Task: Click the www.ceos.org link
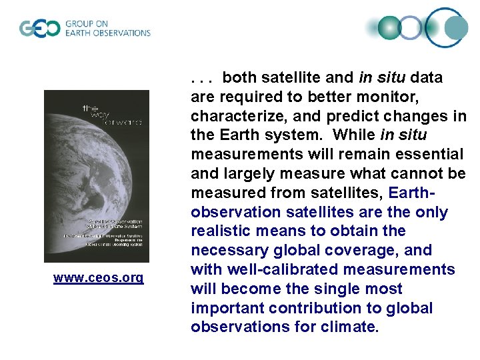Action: point(98,277)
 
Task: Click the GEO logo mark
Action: point(39,29)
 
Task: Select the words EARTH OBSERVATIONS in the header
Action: point(107,33)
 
